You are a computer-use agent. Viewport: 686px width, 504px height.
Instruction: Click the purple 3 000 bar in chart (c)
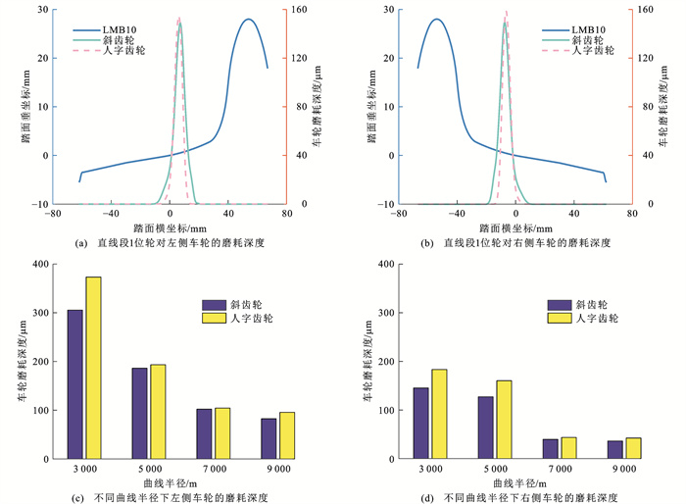click(x=74, y=384)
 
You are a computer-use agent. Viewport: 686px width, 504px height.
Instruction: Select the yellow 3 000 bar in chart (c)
click(x=93, y=368)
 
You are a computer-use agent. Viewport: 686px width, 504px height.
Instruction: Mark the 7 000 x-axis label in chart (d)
click(x=550, y=470)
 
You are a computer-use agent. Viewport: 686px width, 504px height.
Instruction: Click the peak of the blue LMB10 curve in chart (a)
click(x=249, y=20)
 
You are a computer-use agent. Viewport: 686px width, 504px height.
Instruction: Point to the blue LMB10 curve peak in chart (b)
click(x=436, y=20)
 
